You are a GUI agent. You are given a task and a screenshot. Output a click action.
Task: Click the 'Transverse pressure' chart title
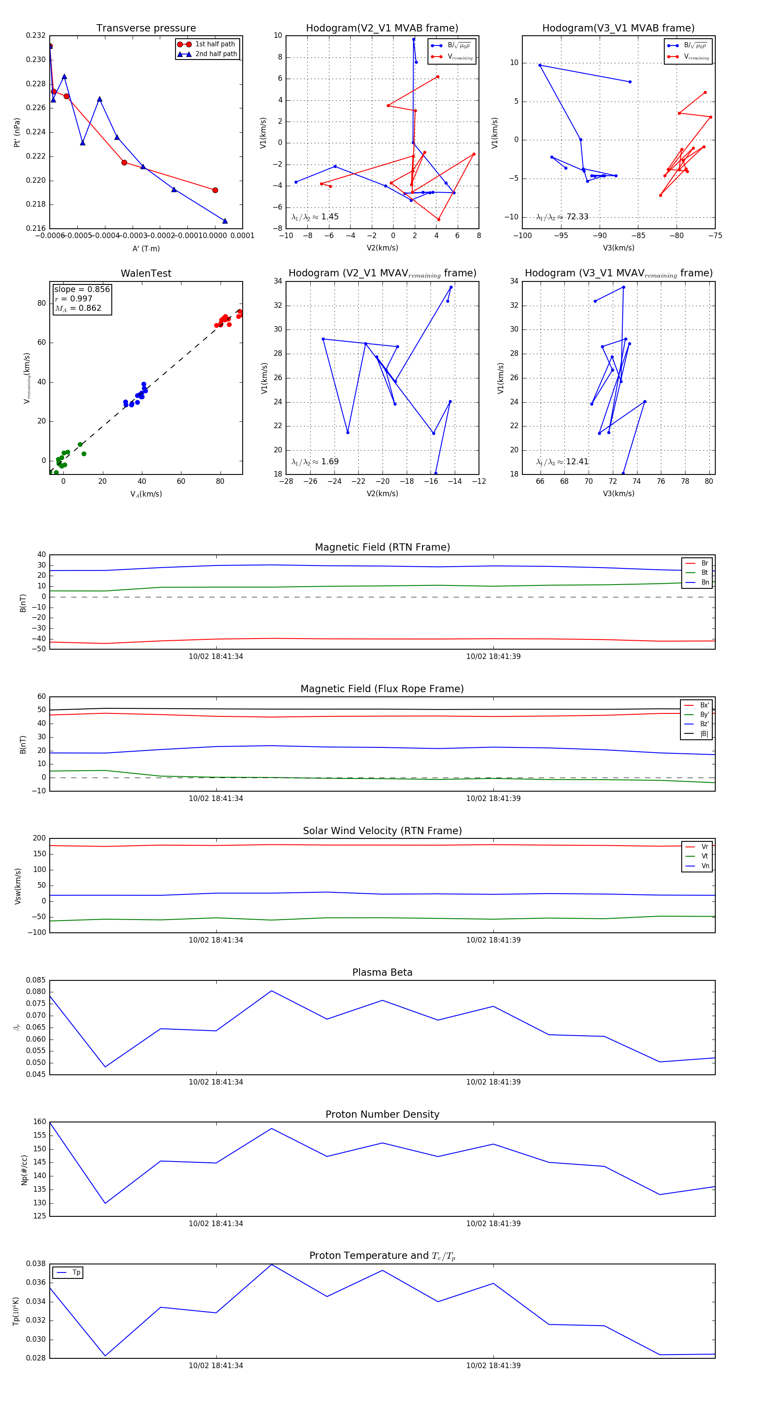(146, 28)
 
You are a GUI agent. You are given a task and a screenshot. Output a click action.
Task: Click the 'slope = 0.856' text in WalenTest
(82, 289)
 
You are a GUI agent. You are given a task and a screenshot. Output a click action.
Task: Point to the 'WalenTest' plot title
(146, 273)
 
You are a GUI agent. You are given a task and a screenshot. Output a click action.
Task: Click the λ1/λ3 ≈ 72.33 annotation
(562, 217)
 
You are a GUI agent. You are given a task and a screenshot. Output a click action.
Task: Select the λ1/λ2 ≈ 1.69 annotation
(314, 462)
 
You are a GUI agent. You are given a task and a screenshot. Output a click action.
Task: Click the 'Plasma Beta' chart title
(382, 972)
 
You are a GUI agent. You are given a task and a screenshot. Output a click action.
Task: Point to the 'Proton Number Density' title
(382, 1114)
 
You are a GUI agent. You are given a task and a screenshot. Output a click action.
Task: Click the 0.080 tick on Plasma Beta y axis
(36, 992)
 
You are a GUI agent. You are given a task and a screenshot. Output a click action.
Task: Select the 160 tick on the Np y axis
(40, 1122)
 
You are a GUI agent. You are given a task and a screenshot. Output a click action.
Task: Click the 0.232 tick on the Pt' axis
(36, 35)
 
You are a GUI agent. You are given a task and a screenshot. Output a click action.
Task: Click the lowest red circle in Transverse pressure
(215, 190)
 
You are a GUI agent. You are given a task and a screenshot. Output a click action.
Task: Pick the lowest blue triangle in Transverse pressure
(225, 221)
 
